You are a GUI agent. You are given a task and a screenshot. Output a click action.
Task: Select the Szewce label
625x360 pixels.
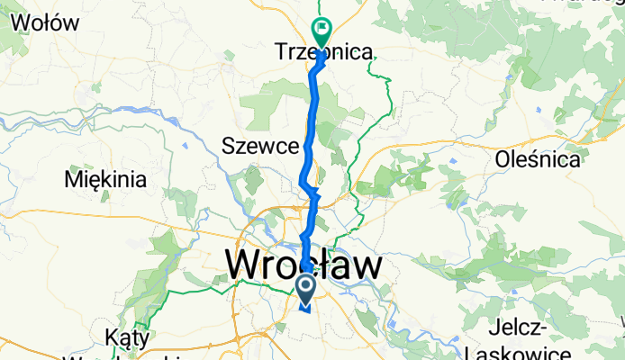pos(259,146)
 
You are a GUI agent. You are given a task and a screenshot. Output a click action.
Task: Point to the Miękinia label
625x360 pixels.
pos(105,179)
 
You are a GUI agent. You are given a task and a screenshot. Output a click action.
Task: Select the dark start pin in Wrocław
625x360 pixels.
pos(305,288)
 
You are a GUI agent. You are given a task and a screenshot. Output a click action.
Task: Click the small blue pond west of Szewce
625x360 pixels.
pos(186,144)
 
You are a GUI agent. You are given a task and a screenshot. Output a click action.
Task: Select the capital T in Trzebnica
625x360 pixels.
pos(280,53)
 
